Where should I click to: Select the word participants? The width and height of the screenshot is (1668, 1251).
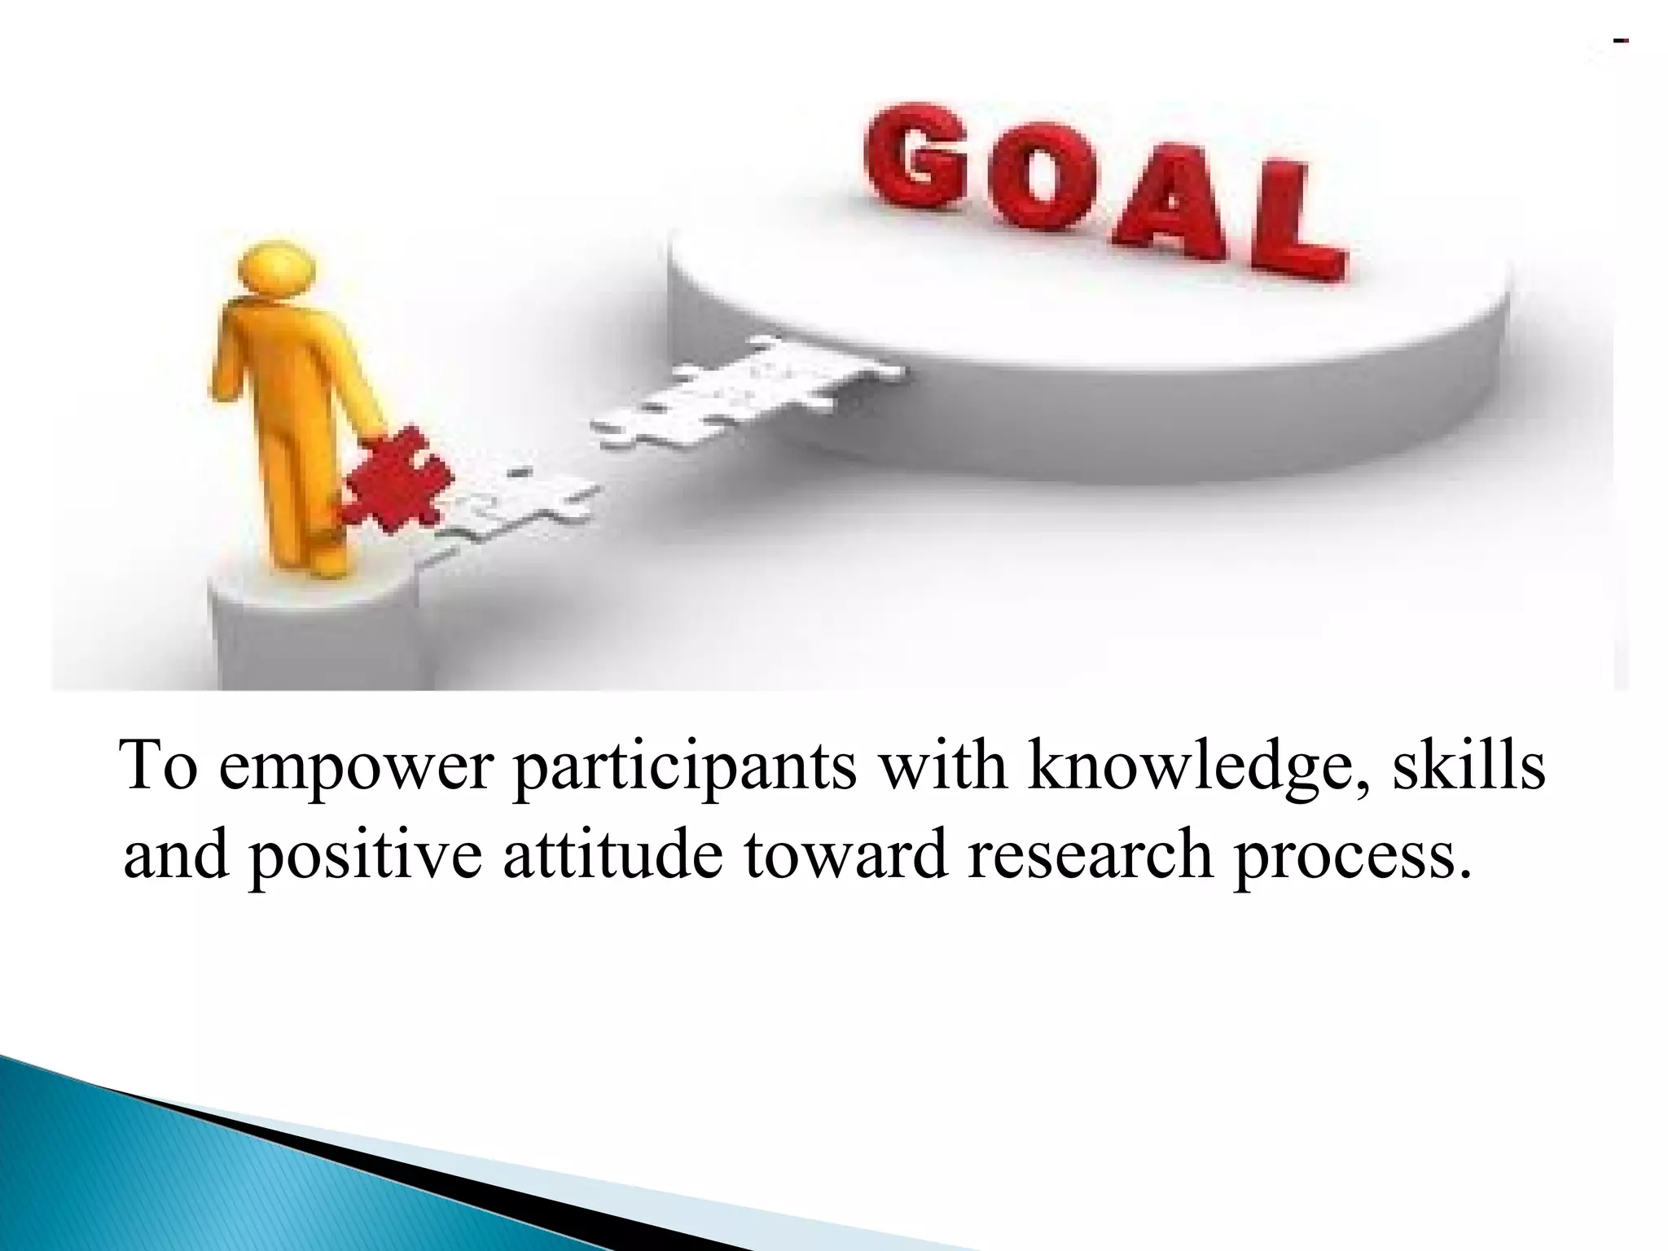coord(685,767)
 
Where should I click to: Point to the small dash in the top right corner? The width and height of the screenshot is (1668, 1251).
coord(1621,40)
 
